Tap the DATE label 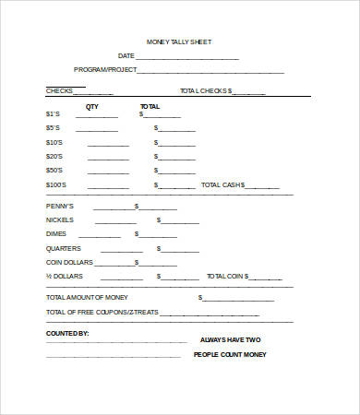click(x=126, y=56)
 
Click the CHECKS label click(x=60, y=91)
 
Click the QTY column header click(x=91, y=107)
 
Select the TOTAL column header click(x=150, y=107)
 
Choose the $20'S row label click(x=54, y=156)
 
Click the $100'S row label click(x=55, y=184)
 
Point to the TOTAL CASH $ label click(x=223, y=184)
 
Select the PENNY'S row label click(x=58, y=206)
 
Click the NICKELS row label click(x=58, y=219)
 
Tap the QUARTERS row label click(x=63, y=248)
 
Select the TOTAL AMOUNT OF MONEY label click(x=87, y=297)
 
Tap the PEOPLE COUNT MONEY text click(x=231, y=354)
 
